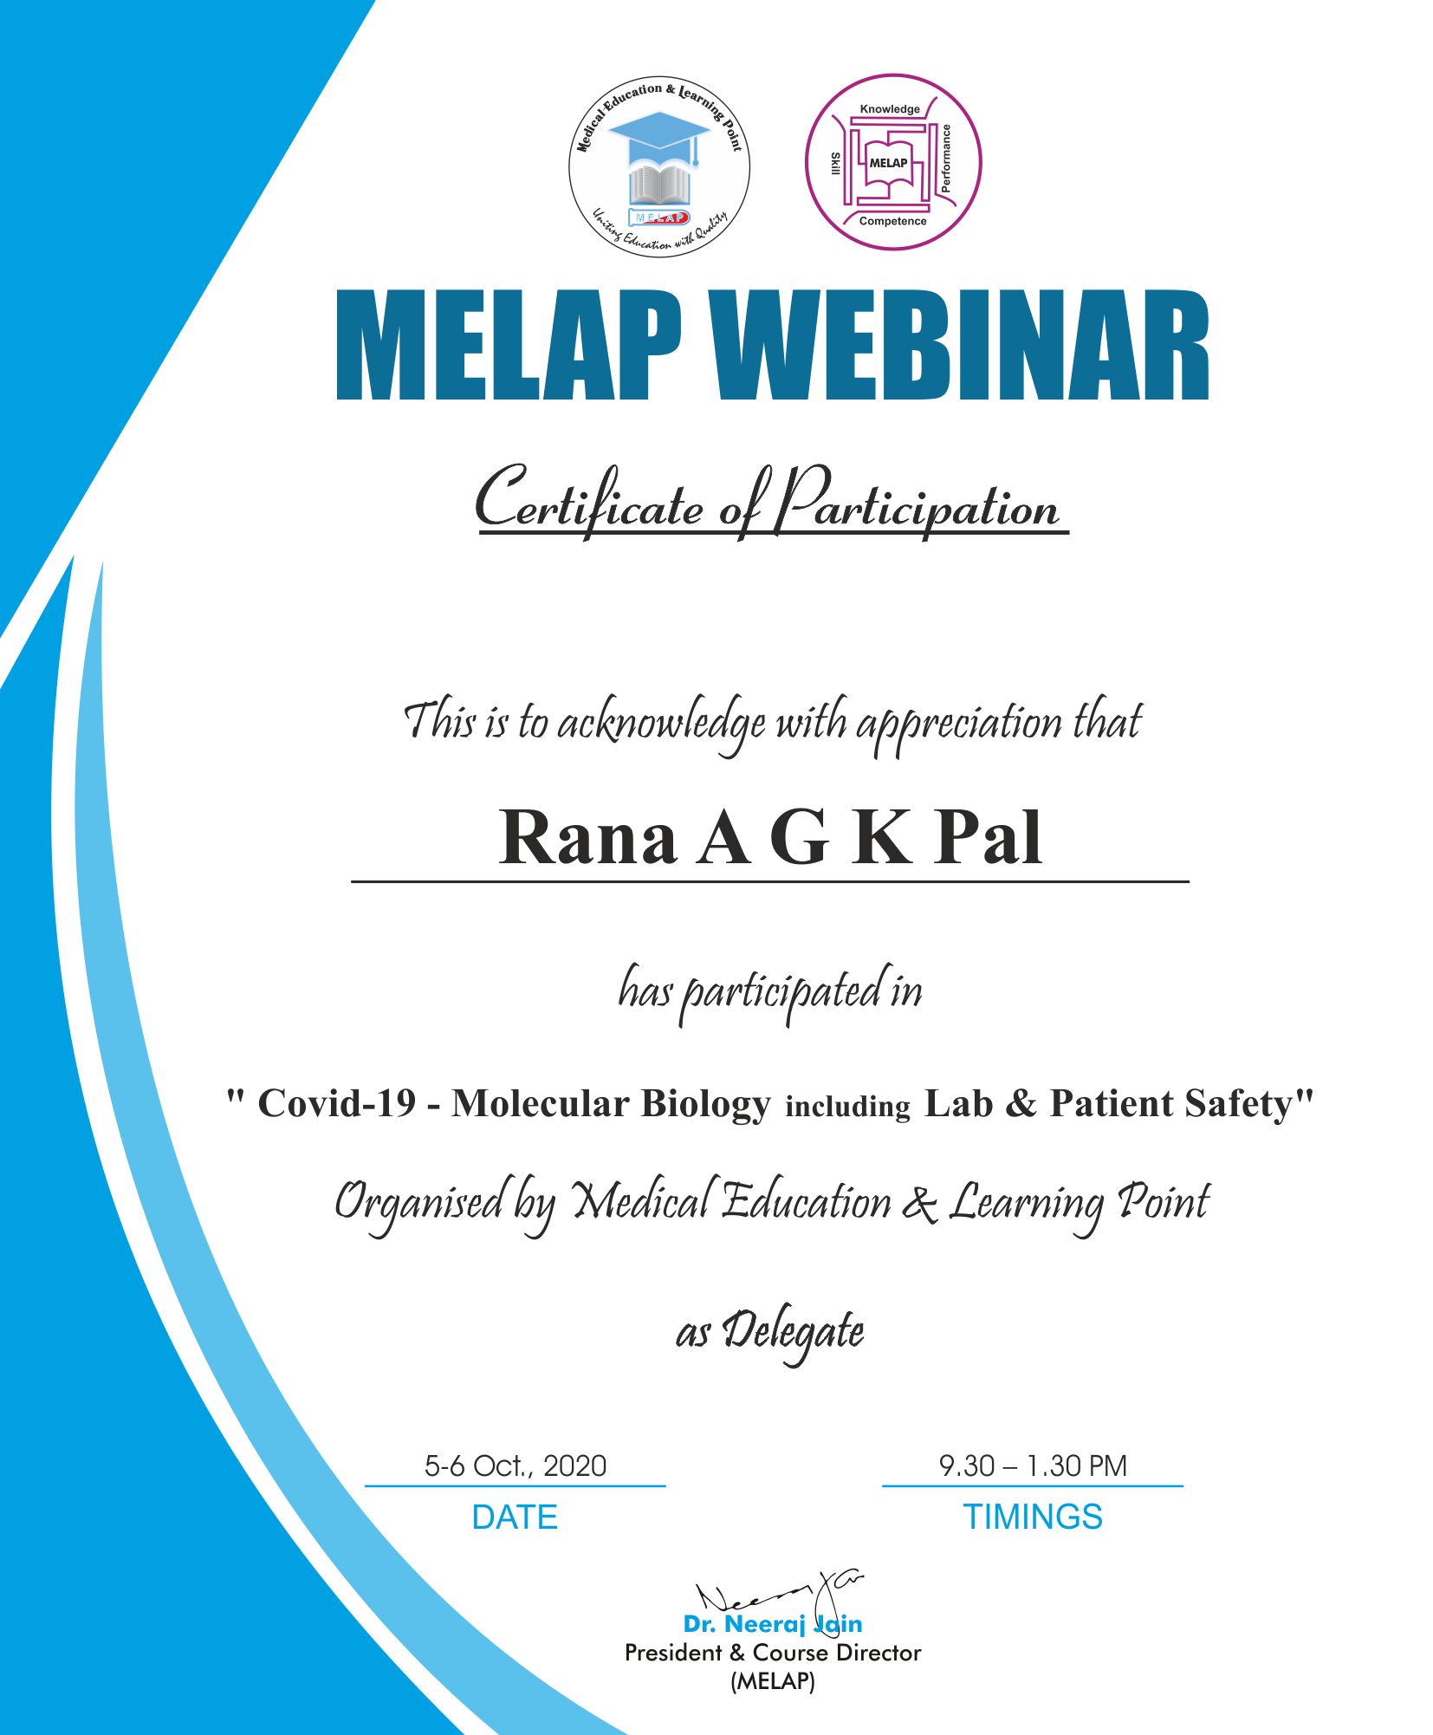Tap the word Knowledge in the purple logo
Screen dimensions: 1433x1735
(890, 109)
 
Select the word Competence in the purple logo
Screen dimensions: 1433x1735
(892, 221)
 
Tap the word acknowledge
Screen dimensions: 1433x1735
(661, 724)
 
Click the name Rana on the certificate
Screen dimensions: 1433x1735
(587, 837)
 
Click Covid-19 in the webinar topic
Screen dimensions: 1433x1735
(338, 1103)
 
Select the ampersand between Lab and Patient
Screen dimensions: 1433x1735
(1021, 1104)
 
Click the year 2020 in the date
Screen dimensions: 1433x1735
(574, 1465)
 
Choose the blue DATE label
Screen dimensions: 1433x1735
(515, 1517)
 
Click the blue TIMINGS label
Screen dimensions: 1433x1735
(1033, 1517)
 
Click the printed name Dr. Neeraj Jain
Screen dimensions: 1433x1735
(773, 1624)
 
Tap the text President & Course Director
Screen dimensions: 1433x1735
(773, 1653)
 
